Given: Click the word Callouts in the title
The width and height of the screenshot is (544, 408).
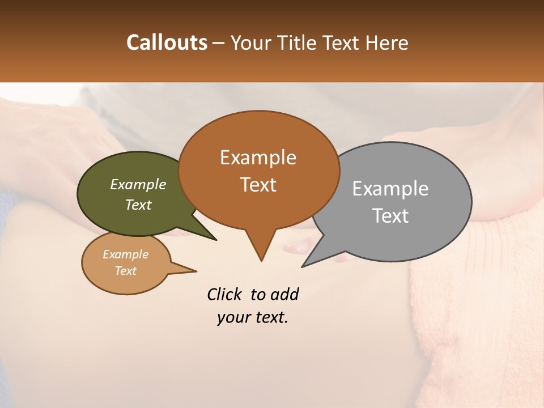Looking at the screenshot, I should coord(167,42).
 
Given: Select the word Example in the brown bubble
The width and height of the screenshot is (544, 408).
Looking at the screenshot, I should coord(258,158).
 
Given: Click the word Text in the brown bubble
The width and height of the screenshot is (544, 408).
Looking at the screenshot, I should coord(258,185).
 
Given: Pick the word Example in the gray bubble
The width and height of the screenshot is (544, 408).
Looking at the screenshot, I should coord(390,189).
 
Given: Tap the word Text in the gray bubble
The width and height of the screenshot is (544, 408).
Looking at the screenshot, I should coord(390,216).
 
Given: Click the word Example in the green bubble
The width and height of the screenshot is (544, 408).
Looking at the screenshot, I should coord(138,185).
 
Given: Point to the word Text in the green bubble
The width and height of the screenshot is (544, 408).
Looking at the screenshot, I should coord(138,205).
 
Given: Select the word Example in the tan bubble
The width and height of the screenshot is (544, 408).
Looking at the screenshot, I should coord(125,254).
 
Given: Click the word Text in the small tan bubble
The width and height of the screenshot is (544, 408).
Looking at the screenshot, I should coord(125,271).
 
